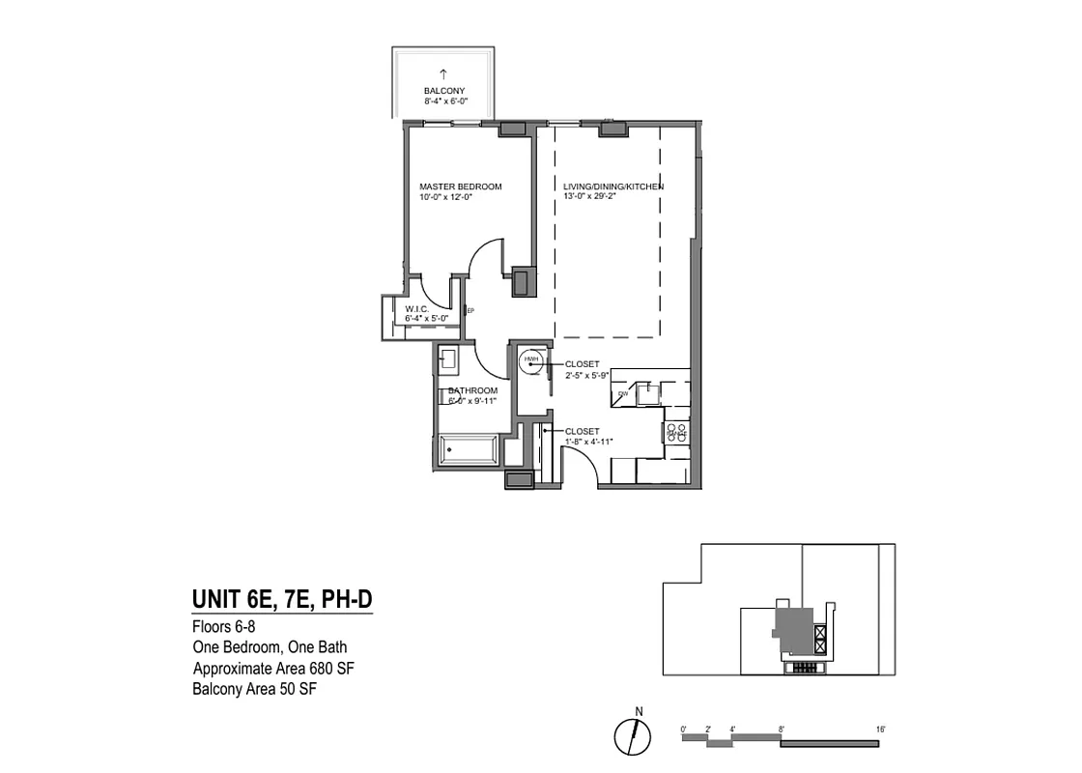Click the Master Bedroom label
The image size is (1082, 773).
[x=460, y=186]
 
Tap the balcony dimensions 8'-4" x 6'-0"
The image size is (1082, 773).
[x=444, y=101]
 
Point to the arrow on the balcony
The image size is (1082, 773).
[x=443, y=73]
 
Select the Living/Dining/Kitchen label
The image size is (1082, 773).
[x=613, y=186]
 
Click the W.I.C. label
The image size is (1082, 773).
[x=417, y=309]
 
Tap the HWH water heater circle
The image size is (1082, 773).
[x=529, y=361]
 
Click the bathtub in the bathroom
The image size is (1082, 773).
[x=470, y=451]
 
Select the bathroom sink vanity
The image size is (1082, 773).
[x=448, y=359]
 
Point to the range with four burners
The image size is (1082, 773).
[x=676, y=434]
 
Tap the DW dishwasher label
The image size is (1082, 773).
[x=623, y=394]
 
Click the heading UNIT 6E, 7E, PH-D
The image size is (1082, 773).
[x=282, y=601]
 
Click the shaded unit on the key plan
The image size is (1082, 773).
[x=794, y=627]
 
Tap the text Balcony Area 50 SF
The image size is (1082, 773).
[x=254, y=689]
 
